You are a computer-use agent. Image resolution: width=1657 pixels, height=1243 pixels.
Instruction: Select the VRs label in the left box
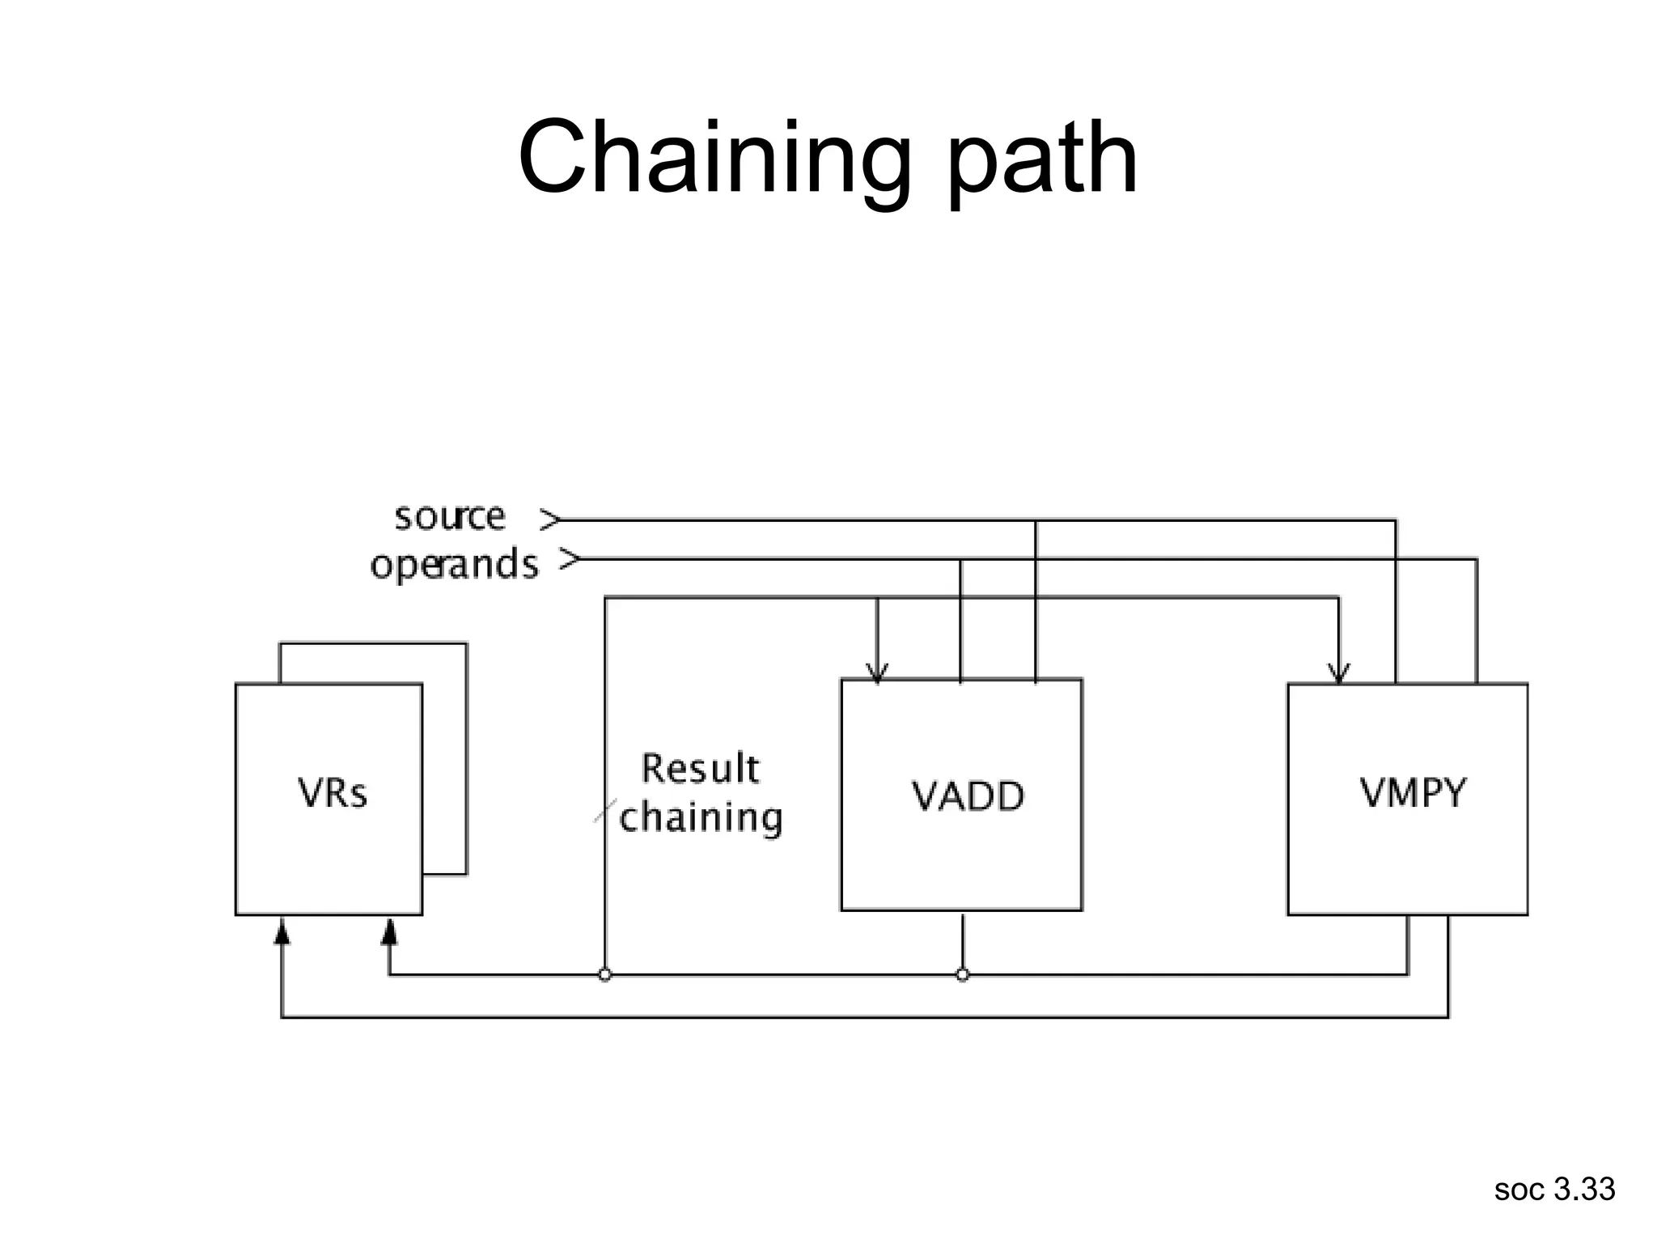click(333, 793)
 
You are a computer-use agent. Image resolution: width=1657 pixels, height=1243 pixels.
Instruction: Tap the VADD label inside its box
click(968, 796)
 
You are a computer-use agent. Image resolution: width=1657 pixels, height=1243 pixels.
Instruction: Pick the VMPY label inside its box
click(1413, 793)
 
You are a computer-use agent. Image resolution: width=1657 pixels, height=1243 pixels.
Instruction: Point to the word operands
click(454, 564)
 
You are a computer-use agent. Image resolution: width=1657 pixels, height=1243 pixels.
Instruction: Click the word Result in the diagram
click(700, 768)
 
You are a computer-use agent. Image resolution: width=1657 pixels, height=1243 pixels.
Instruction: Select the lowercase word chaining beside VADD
click(701, 817)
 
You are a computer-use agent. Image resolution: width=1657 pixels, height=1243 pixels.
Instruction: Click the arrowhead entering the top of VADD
click(877, 673)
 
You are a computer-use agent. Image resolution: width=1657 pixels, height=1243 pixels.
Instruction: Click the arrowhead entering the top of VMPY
click(1339, 673)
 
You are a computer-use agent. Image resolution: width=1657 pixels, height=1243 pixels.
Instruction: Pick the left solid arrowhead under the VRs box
click(282, 932)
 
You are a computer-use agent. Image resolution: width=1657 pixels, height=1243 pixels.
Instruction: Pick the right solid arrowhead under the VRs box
click(389, 932)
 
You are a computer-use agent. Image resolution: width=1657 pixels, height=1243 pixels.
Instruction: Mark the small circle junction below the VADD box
click(962, 975)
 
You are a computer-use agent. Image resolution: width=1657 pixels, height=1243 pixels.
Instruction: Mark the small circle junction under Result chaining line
click(605, 975)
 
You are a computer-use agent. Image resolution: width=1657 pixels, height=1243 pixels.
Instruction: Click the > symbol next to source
click(549, 520)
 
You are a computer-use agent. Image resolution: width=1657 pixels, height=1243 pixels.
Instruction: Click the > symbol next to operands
click(570, 558)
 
